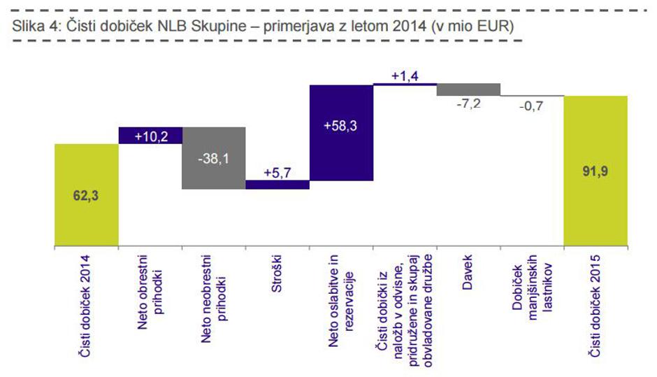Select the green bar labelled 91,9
pyautogui.click(x=595, y=171)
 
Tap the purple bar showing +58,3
pyautogui.click(x=341, y=133)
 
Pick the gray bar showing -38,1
pyautogui.click(x=213, y=158)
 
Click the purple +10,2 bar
pyautogui.click(x=150, y=136)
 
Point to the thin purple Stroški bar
pyautogui.click(x=277, y=185)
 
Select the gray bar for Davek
pyautogui.click(x=468, y=90)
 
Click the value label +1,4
pyautogui.click(x=405, y=76)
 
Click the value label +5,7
pyautogui.click(x=277, y=172)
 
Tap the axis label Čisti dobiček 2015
pyautogui.click(x=595, y=307)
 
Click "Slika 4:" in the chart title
pyautogui.click(x=34, y=27)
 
